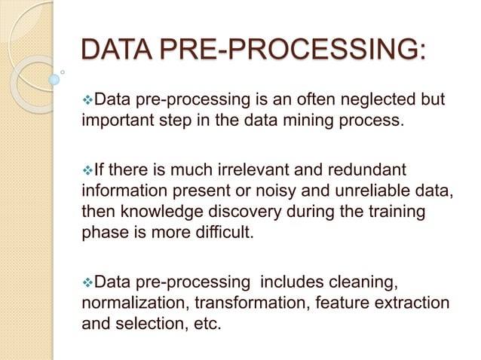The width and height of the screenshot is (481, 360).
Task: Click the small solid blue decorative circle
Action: click(54, 79)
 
